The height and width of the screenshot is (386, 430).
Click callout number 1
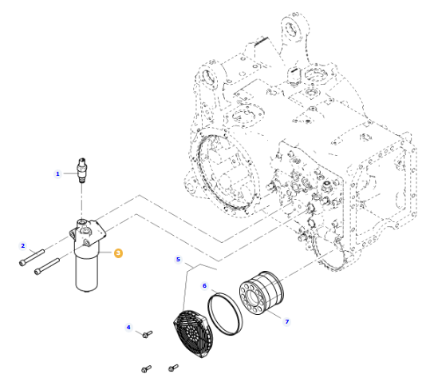click(57, 174)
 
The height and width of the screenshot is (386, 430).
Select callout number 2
click(23, 245)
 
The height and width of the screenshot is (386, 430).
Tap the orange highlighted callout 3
click(118, 253)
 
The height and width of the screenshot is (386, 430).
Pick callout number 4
click(128, 327)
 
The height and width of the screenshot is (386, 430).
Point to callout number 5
click(178, 260)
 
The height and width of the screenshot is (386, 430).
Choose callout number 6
click(204, 286)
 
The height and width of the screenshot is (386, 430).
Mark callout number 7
click(287, 321)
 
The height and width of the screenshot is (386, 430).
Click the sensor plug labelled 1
click(82, 169)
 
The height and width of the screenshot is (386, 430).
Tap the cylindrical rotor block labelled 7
click(262, 292)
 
